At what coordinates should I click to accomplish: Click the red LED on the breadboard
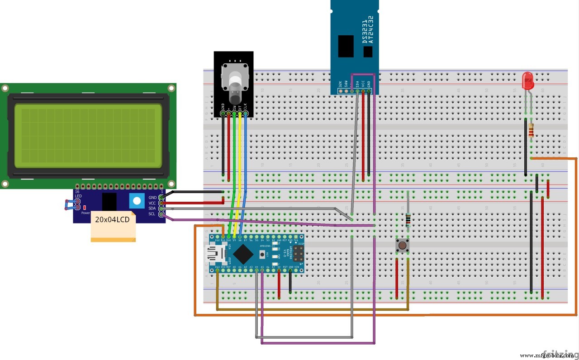point(527,81)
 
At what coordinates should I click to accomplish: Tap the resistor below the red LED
point(531,130)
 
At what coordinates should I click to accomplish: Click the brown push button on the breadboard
point(401,246)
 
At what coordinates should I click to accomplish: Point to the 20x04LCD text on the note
point(112,220)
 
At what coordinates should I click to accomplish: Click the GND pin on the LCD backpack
point(161,198)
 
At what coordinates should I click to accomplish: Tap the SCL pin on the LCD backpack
point(161,214)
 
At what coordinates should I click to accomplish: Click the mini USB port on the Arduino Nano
point(214,254)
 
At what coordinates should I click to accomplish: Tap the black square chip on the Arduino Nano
point(243,254)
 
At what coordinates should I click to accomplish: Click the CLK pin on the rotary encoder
point(245,114)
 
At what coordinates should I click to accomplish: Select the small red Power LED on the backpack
point(85,207)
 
